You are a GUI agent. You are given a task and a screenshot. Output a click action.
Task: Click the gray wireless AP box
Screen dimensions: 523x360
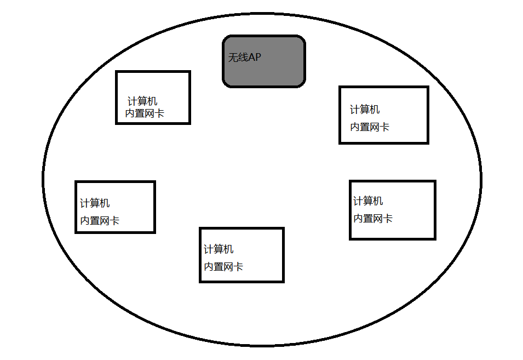click(x=264, y=71)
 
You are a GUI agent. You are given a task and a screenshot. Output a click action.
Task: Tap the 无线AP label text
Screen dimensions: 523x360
click(x=245, y=58)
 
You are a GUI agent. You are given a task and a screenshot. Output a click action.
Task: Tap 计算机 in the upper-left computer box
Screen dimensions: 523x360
click(x=142, y=101)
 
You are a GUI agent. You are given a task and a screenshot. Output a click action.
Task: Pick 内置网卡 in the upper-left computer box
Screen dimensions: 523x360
click(x=145, y=113)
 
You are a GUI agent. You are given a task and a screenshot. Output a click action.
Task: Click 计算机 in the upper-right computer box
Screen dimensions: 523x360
click(x=365, y=110)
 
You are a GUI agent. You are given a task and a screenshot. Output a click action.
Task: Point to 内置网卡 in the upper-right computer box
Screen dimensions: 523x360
click(x=370, y=127)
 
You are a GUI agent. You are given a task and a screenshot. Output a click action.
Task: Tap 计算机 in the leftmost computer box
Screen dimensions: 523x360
click(x=95, y=203)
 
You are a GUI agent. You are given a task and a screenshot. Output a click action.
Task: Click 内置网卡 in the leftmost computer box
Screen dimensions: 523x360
click(x=100, y=221)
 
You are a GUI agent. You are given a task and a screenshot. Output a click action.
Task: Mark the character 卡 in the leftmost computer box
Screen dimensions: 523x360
click(x=114, y=221)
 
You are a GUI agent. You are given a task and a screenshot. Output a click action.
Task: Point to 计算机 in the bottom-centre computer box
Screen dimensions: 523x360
click(x=219, y=249)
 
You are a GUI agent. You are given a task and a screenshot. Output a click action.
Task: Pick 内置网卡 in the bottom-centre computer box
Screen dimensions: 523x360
click(x=223, y=267)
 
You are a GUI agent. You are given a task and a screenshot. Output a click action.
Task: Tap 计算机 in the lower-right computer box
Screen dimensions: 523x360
click(x=368, y=201)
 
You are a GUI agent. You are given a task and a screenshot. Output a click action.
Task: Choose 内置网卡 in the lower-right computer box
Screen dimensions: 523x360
click(x=373, y=219)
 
